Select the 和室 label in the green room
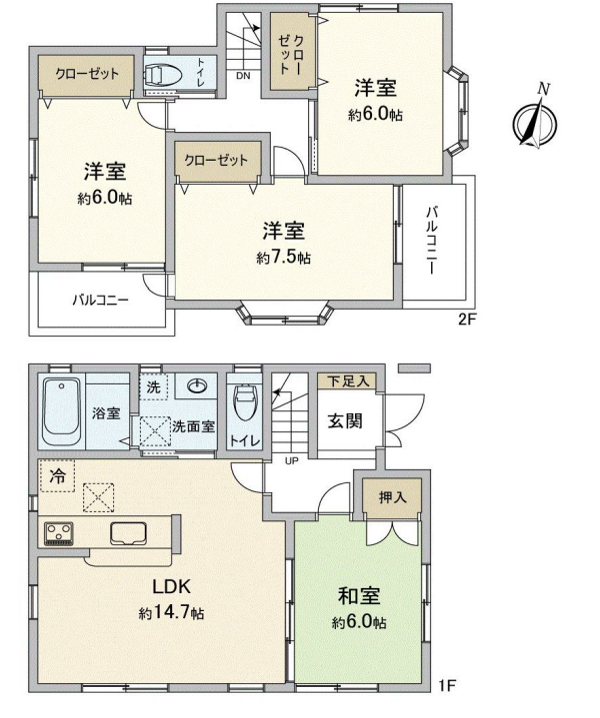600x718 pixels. [359, 596]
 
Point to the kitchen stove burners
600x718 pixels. [59, 534]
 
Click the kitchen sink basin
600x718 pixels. [128, 534]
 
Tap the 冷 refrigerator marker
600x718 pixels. [57, 476]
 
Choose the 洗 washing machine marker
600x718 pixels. [153, 387]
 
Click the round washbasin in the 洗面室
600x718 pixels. [197, 386]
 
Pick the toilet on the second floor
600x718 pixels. [162, 75]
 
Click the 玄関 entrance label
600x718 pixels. [345, 420]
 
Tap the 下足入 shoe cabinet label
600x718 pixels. [348, 380]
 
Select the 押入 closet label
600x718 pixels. [393, 497]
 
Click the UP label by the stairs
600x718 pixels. [292, 461]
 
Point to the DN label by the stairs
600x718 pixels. [243, 76]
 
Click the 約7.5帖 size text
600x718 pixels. [283, 258]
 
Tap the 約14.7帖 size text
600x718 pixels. [171, 613]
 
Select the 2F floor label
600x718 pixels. [467, 319]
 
